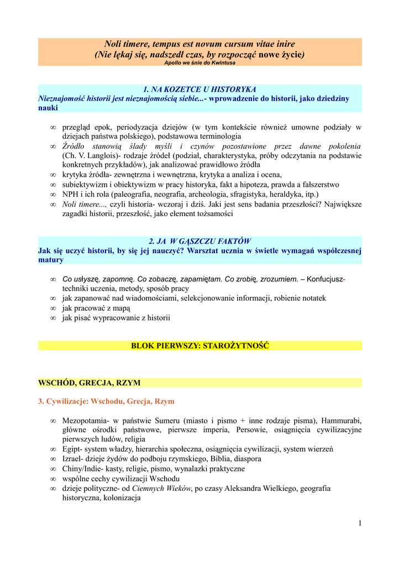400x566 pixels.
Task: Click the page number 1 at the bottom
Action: (359, 523)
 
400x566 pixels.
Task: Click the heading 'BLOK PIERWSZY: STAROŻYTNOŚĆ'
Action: (200, 345)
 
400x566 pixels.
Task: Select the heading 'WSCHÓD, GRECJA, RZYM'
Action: (89, 382)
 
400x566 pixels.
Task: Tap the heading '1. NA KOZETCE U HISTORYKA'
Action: (199, 89)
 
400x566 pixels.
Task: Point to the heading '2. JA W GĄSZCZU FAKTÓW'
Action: (199, 241)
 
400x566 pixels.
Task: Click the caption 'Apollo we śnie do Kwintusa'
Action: (199, 63)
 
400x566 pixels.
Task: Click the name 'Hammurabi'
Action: (337, 421)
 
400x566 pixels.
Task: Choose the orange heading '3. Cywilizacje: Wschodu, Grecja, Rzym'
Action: (106, 401)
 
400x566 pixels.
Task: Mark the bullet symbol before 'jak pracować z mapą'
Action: (53, 308)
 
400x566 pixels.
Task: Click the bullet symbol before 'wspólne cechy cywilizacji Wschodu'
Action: (53, 479)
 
